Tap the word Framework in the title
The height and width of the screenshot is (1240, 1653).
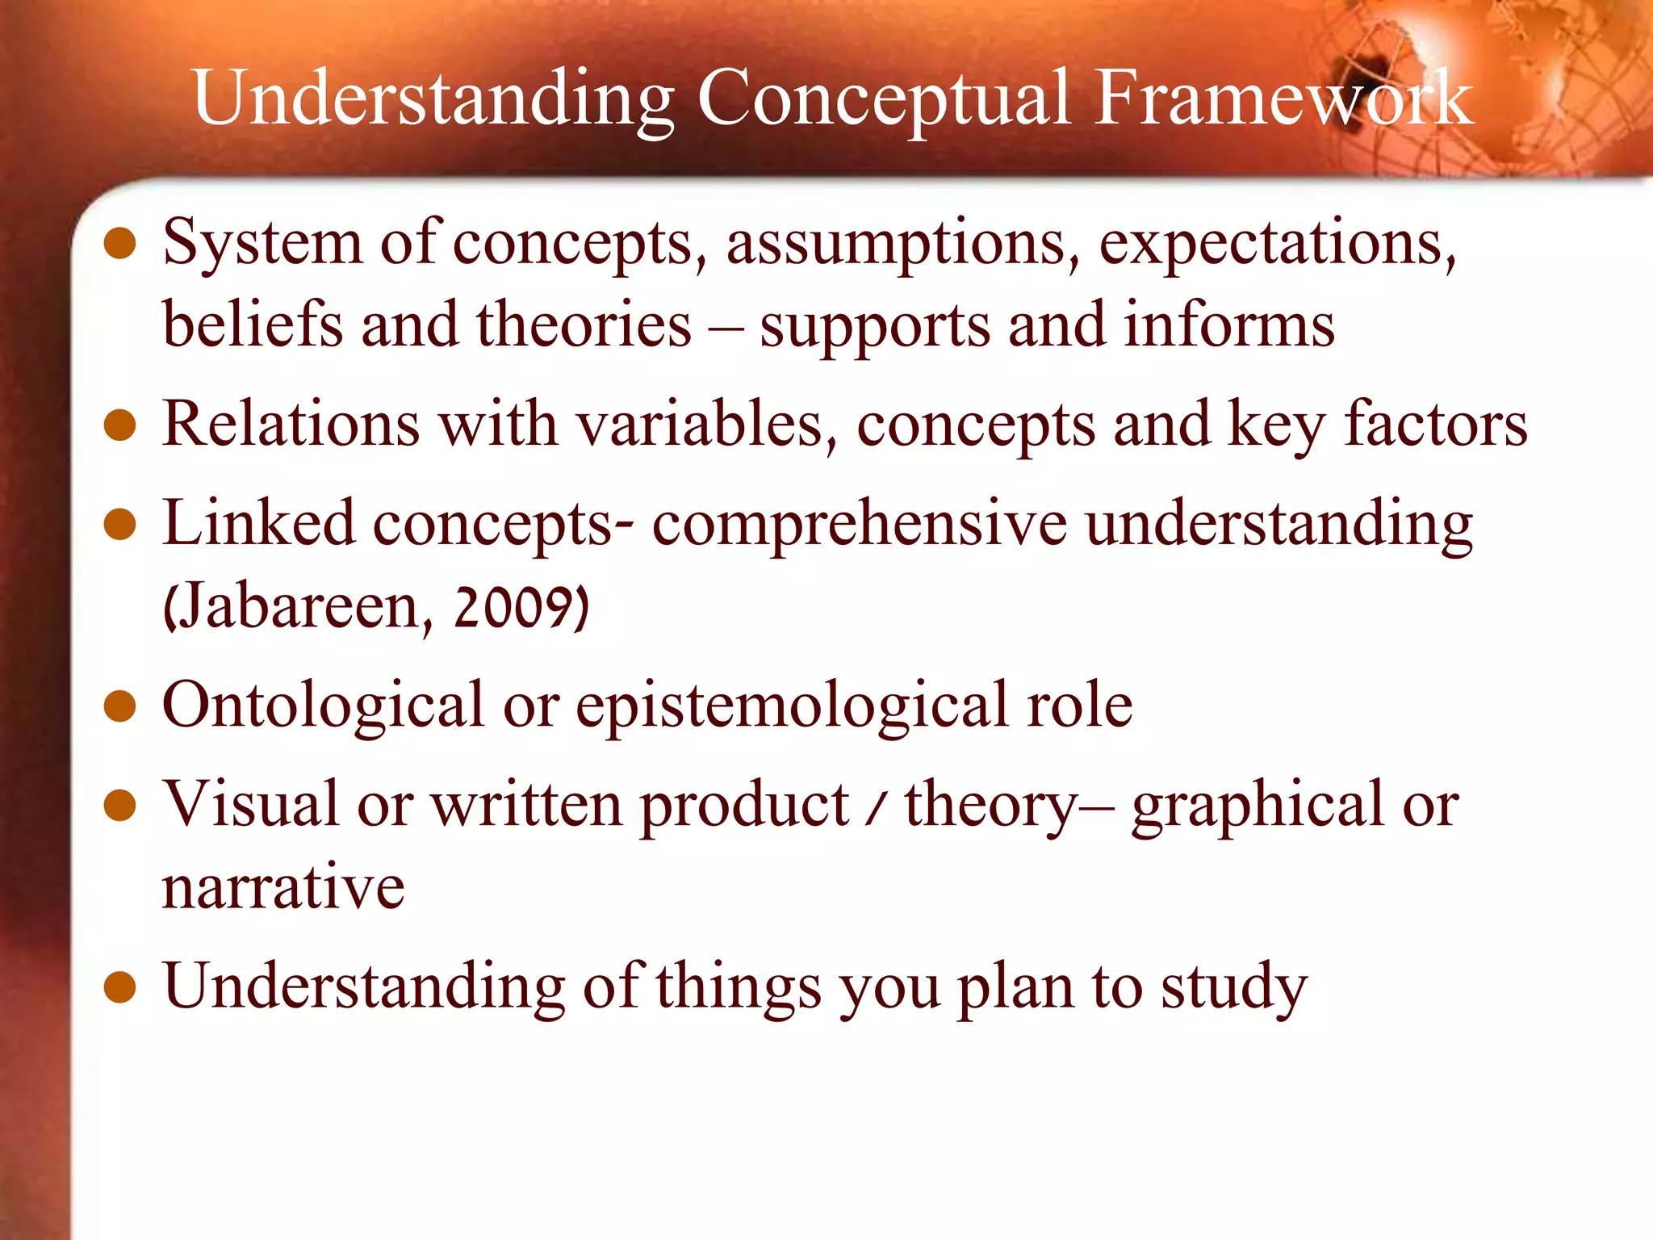click(1284, 98)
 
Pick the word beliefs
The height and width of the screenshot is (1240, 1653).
click(253, 325)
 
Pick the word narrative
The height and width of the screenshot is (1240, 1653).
click(282, 887)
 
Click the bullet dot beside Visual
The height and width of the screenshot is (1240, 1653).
click(119, 806)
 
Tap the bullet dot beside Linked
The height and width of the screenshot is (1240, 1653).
click(119, 524)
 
